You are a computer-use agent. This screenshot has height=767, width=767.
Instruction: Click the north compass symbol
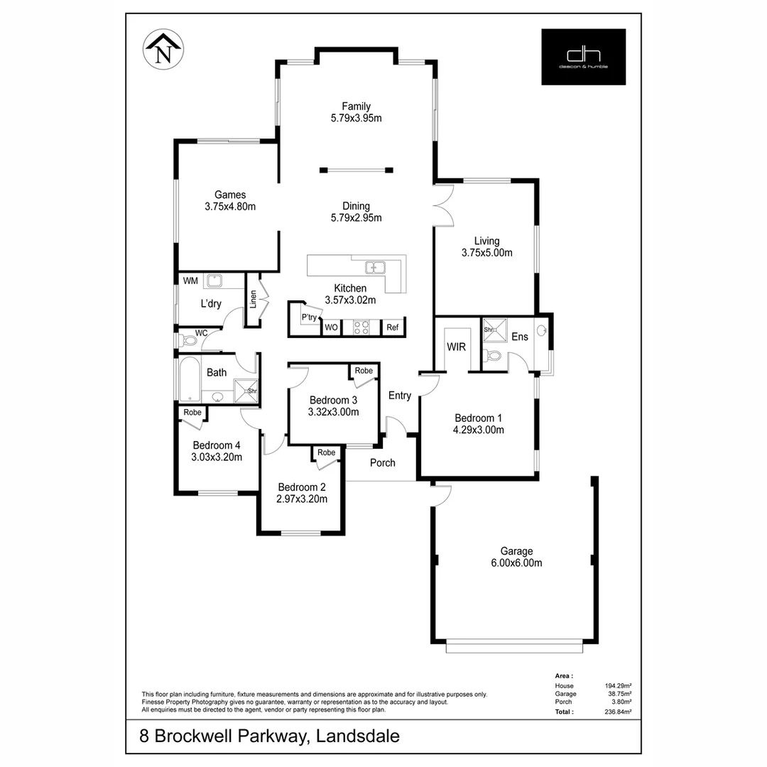point(164,50)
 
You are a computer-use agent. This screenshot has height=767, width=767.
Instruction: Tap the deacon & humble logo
point(583,57)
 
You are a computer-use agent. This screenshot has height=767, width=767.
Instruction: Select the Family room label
point(356,107)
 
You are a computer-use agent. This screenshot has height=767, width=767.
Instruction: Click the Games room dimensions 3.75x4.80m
point(229,207)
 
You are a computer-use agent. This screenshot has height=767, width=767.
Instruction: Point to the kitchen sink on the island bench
point(374,268)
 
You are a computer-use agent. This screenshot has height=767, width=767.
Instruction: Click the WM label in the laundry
point(190,281)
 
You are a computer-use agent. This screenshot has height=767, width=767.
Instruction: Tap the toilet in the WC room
point(189,341)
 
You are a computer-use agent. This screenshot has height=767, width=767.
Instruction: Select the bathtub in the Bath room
point(190,381)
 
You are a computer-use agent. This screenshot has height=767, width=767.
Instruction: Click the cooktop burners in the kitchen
point(361,327)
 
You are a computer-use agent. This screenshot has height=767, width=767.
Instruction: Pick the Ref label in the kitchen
point(393,327)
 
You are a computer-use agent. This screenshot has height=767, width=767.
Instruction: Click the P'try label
point(309,317)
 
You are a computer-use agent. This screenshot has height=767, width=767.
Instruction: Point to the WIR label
point(455,347)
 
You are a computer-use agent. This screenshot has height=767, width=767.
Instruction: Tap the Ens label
point(520,337)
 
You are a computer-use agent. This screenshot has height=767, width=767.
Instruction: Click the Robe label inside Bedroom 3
point(364,371)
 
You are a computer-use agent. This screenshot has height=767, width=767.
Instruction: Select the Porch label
point(383,463)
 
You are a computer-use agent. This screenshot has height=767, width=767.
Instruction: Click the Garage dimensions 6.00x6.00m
point(516,563)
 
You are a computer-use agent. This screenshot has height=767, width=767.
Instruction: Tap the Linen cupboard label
point(252,300)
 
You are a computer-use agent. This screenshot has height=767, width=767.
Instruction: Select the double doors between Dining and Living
point(444,205)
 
